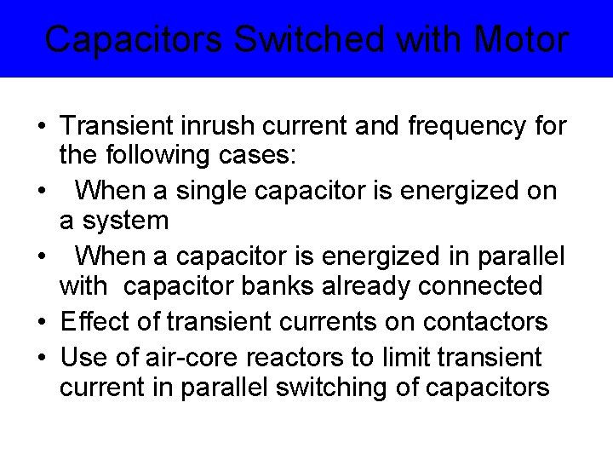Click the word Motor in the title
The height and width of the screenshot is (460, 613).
coord(521,39)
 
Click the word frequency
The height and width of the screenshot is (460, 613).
coord(462,126)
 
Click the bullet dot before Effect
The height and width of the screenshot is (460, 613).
coord(41,322)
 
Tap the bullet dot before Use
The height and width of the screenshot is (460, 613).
coord(41,355)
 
